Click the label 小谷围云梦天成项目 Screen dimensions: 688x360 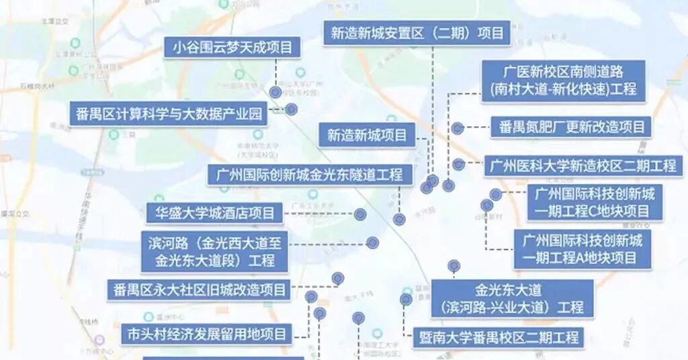[x=232, y=47]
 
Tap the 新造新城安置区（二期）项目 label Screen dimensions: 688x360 [x=417, y=33]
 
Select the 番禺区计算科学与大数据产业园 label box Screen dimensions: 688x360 [x=168, y=114]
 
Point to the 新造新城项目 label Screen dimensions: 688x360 [x=367, y=135]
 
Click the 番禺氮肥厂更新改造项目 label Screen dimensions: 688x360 [x=571, y=126]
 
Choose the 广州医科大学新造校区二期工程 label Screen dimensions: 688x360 [x=583, y=165]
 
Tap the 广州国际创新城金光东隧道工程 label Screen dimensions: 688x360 [x=310, y=175]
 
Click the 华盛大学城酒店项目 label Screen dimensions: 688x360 [x=215, y=214]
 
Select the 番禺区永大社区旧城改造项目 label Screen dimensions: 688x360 [x=199, y=290]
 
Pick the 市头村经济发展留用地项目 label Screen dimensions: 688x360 [x=207, y=333]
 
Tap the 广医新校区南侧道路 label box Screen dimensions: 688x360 [x=563, y=81]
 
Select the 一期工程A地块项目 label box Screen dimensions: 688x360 [x=584, y=249]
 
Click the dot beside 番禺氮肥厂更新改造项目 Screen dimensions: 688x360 [x=458, y=128]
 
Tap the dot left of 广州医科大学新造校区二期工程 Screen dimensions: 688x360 [x=458, y=165]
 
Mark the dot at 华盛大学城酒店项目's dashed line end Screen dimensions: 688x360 [x=360, y=214]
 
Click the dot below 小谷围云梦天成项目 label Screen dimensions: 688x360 [x=275, y=92]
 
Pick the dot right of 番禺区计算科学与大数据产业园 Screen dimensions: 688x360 [x=291, y=109]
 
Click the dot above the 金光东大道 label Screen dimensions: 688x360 [x=454, y=267]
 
